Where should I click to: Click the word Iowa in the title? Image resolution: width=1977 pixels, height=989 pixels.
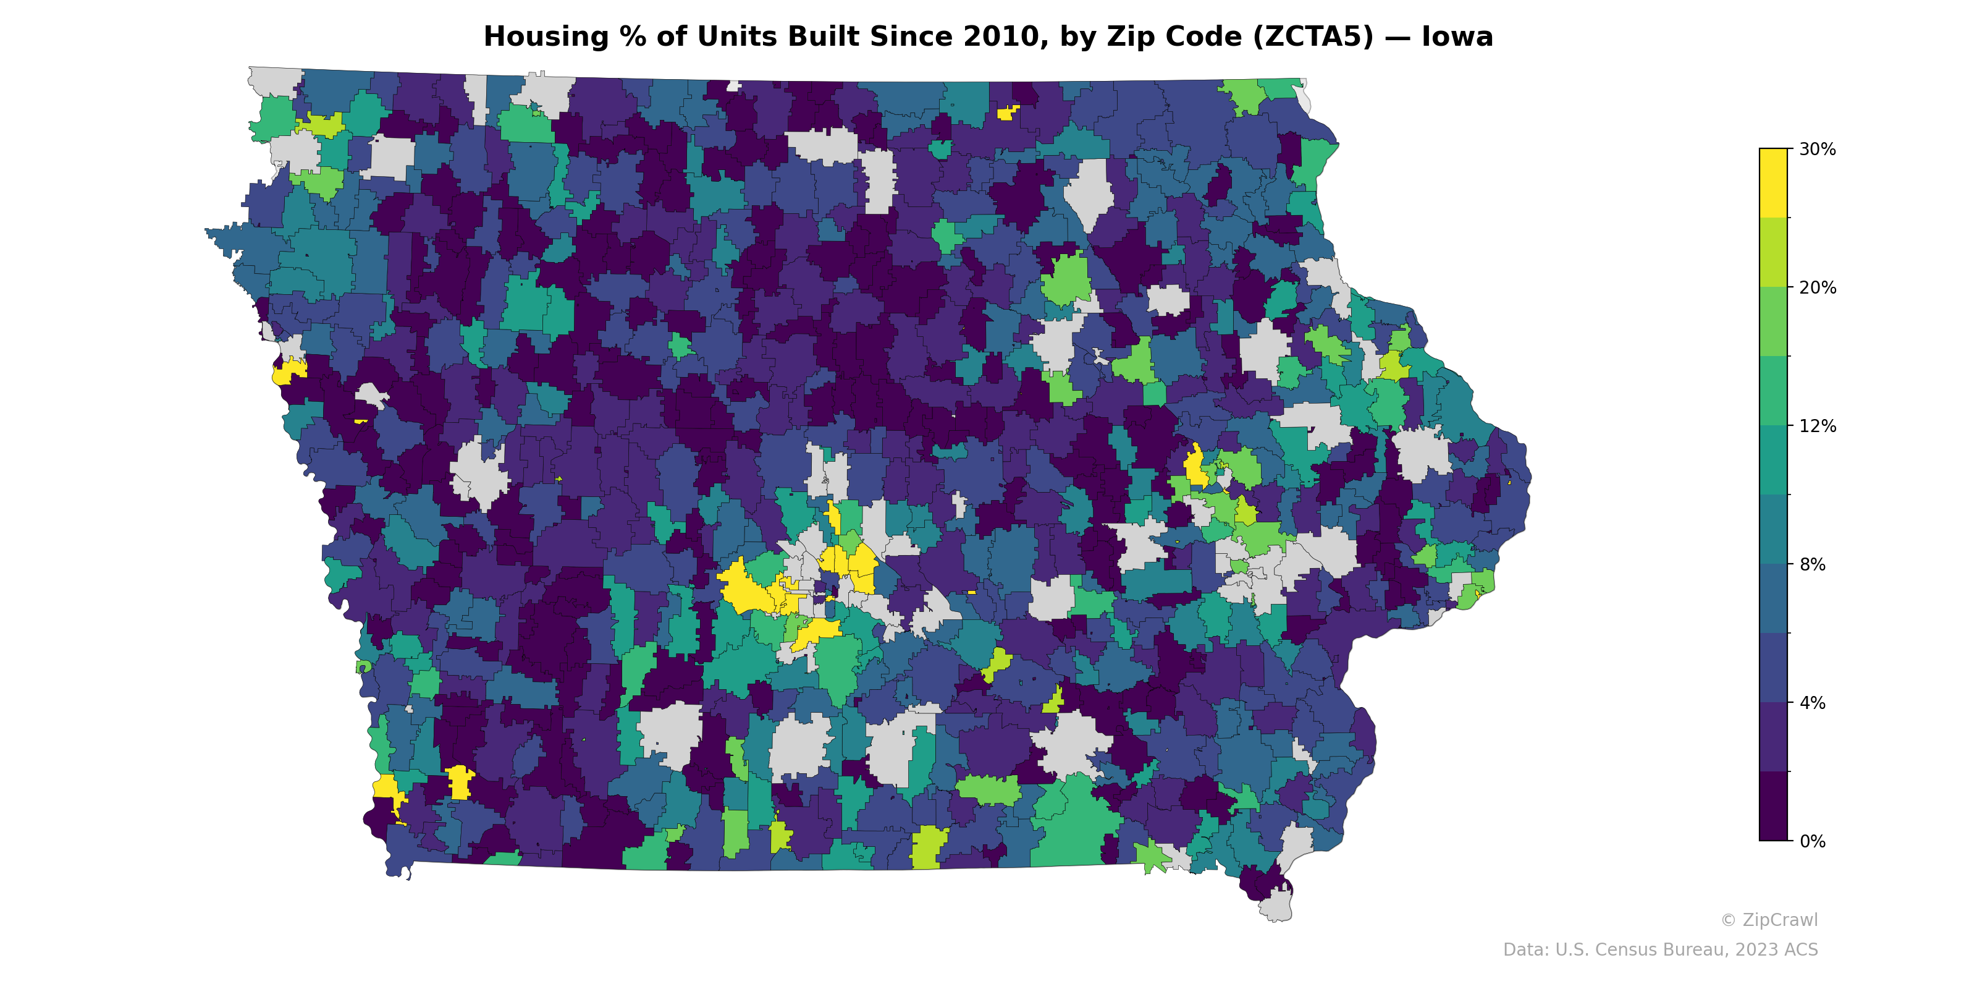[x=1457, y=37]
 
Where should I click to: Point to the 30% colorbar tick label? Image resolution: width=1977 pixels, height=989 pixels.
[x=1818, y=150]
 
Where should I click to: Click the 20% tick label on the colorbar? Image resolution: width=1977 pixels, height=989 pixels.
[x=1818, y=288]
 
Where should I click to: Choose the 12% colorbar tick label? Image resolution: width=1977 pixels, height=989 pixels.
[x=1818, y=426]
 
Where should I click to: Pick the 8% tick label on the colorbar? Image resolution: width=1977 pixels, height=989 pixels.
[x=1812, y=564]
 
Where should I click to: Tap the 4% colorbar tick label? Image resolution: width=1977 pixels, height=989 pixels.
[x=1812, y=703]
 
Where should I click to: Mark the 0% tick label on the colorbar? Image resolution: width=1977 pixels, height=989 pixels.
[x=1812, y=841]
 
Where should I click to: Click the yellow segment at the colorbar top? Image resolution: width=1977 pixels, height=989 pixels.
[x=1773, y=183]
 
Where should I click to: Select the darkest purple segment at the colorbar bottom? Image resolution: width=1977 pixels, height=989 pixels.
[x=1773, y=806]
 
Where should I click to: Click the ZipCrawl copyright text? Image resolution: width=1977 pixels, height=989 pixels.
[x=1769, y=920]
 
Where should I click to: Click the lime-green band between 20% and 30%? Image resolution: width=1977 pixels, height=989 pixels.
[x=1773, y=252]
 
